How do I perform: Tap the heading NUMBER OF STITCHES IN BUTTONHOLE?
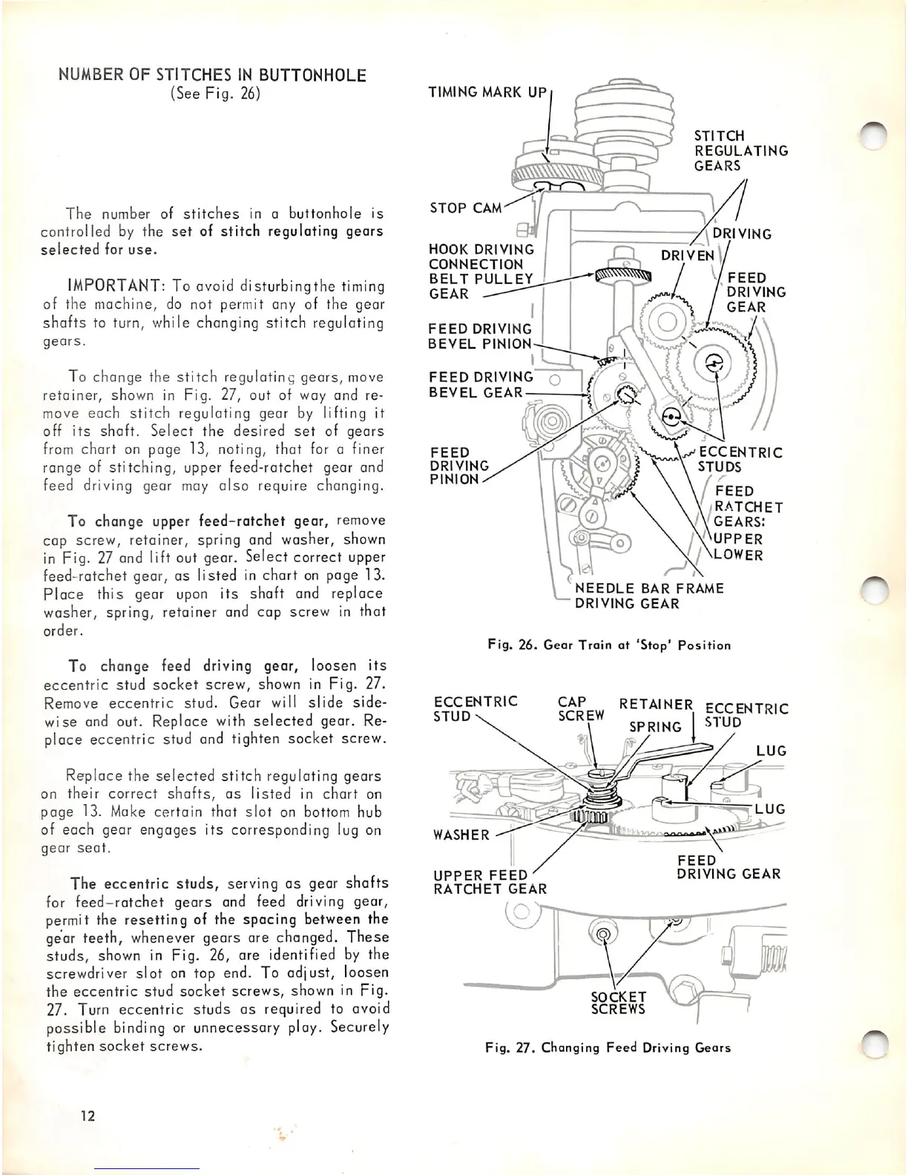click(212, 75)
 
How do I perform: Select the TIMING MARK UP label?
click(487, 93)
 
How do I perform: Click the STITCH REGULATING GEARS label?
click(740, 151)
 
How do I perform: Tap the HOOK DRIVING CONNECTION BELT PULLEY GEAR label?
click(481, 271)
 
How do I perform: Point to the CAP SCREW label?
click(581, 708)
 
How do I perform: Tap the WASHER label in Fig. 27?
click(461, 835)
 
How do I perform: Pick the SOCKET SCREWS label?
click(617, 1002)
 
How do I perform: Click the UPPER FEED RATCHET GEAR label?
click(490, 882)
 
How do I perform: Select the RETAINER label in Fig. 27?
click(656, 704)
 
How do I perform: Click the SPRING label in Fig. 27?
click(654, 727)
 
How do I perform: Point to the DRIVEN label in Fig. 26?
click(687, 255)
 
